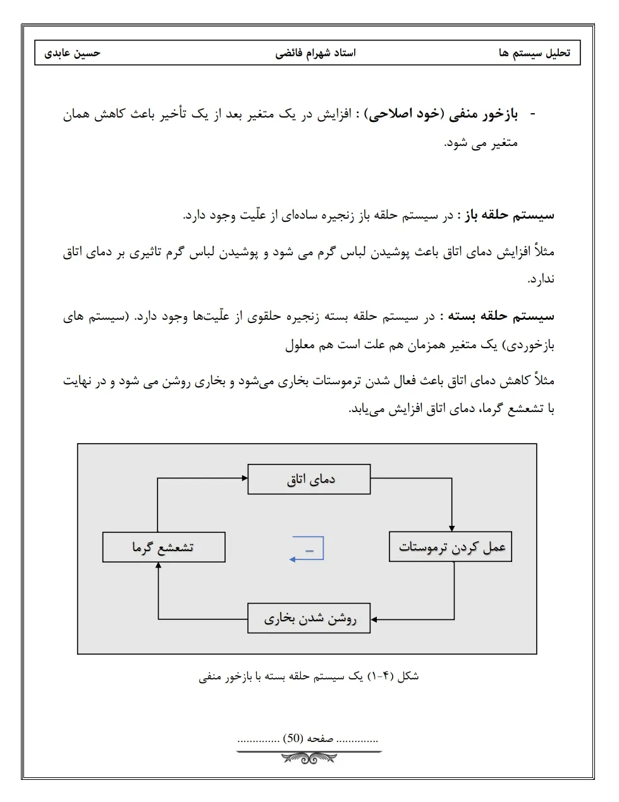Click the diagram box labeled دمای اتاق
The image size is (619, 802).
coord(309,479)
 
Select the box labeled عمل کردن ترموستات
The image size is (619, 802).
coord(451,547)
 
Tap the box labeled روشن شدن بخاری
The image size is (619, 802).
coord(309,618)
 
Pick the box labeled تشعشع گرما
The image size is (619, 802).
coord(164,547)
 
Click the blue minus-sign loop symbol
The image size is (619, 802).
coord(308,549)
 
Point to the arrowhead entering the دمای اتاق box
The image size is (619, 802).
coord(244,478)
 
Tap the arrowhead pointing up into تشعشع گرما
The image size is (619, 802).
coord(158,566)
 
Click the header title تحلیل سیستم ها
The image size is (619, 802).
coord(535,53)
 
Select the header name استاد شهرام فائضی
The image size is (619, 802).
coord(316,53)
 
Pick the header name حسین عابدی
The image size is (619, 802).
coord(73,53)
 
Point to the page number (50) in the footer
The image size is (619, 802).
coord(292,738)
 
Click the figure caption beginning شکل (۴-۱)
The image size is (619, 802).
coord(309,676)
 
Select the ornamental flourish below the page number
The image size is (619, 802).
coord(309,755)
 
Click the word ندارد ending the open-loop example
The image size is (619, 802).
coord(541,279)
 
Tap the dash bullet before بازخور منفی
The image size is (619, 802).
coord(532,114)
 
